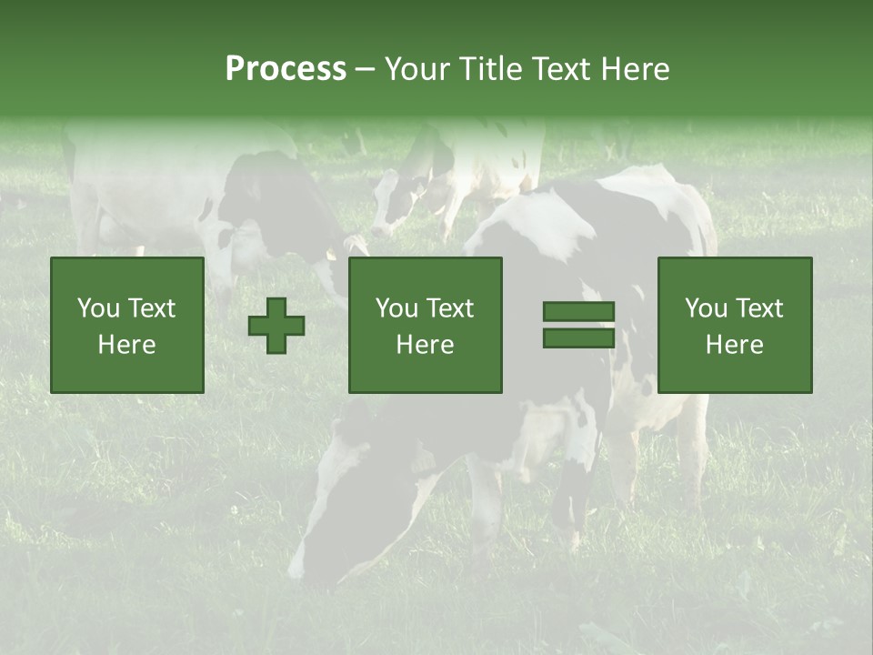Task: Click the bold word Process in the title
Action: tap(286, 69)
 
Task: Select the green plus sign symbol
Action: tap(276, 325)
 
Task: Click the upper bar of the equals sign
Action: tap(578, 312)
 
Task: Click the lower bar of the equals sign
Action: tap(578, 338)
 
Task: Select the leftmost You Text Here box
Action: tap(127, 325)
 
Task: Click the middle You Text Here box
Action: tap(425, 325)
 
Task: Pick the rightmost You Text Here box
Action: tap(734, 325)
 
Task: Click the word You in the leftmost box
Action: tap(98, 308)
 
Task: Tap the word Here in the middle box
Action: tap(425, 345)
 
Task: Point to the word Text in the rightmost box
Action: tap(760, 308)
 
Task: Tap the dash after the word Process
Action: tap(365, 70)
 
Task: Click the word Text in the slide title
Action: tap(557, 69)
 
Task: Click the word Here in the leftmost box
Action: tap(126, 345)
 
